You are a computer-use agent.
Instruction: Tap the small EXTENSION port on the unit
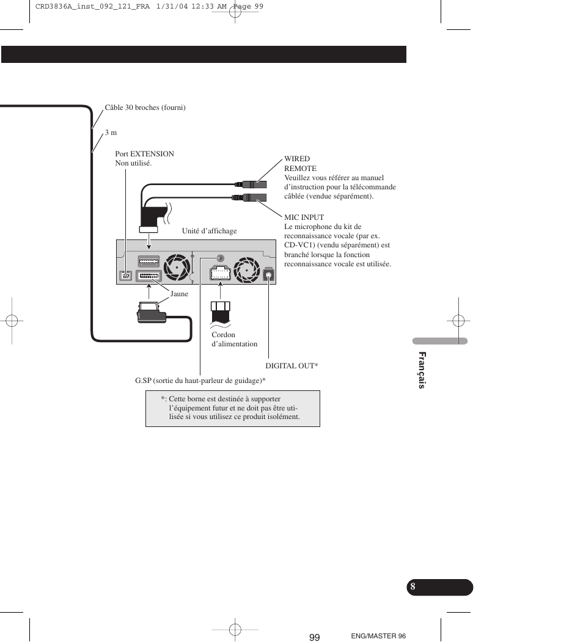pyautogui.click(x=125, y=275)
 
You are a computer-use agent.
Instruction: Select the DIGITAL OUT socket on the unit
pyautogui.click(x=268, y=275)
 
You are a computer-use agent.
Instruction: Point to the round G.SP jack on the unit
pyautogui.click(x=220, y=259)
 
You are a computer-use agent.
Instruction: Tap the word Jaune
pyautogui.click(x=179, y=294)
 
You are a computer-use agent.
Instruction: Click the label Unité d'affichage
pyautogui.click(x=209, y=231)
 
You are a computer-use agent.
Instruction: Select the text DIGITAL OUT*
pyautogui.click(x=291, y=366)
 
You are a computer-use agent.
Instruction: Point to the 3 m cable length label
pyautogui.click(x=111, y=133)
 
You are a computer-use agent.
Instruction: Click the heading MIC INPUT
pyautogui.click(x=304, y=217)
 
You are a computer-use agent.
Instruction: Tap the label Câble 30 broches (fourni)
pyautogui.click(x=145, y=108)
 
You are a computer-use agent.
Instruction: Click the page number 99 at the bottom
pyautogui.click(x=314, y=637)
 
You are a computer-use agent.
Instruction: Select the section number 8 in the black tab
pyautogui.click(x=413, y=586)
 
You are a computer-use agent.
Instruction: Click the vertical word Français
pyautogui.click(x=421, y=370)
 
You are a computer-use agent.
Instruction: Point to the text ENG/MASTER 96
pyautogui.click(x=378, y=636)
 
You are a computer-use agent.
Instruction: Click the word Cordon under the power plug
pyautogui.click(x=223, y=335)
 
